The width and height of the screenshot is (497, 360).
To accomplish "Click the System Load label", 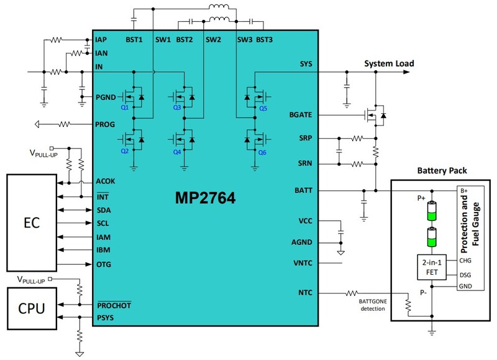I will pyautogui.click(x=389, y=63).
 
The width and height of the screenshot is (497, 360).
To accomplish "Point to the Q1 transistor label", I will pyautogui.click(x=125, y=108).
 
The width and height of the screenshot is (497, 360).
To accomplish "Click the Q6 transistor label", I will pyautogui.click(x=262, y=152).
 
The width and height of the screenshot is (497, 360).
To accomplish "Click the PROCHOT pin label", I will pyautogui.click(x=114, y=305).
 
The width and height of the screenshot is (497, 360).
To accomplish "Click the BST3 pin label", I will pyautogui.click(x=265, y=40).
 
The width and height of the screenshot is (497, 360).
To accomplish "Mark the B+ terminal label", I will pyautogui.click(x=464, y=190).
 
